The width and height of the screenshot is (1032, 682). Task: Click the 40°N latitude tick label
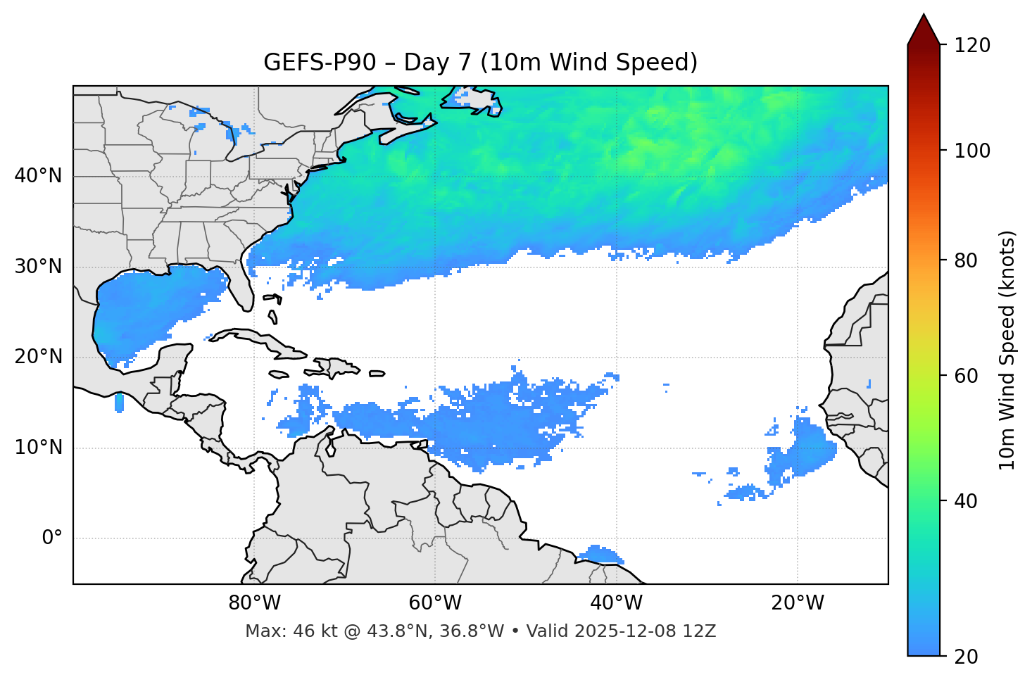(x=38, y=175)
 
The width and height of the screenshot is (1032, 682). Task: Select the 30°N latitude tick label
(x=38, y=267)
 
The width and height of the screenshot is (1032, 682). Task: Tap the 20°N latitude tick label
(x=38, y=357)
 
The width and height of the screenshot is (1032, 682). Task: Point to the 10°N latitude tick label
(x=38, y=448)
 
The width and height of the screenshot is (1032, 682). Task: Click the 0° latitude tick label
(x=52, y=538)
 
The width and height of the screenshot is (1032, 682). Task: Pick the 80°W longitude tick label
(x=254, y=603)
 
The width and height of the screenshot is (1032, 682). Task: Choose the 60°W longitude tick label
(x=435, y=603)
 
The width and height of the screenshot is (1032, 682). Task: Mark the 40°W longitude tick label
(x=617, y=603)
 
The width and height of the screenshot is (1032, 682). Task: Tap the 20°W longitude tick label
(x=798, y=603)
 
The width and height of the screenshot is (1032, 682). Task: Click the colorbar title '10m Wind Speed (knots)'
(x=1007, y=350)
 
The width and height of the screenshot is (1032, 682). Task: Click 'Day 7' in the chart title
(x=437, y=63)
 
